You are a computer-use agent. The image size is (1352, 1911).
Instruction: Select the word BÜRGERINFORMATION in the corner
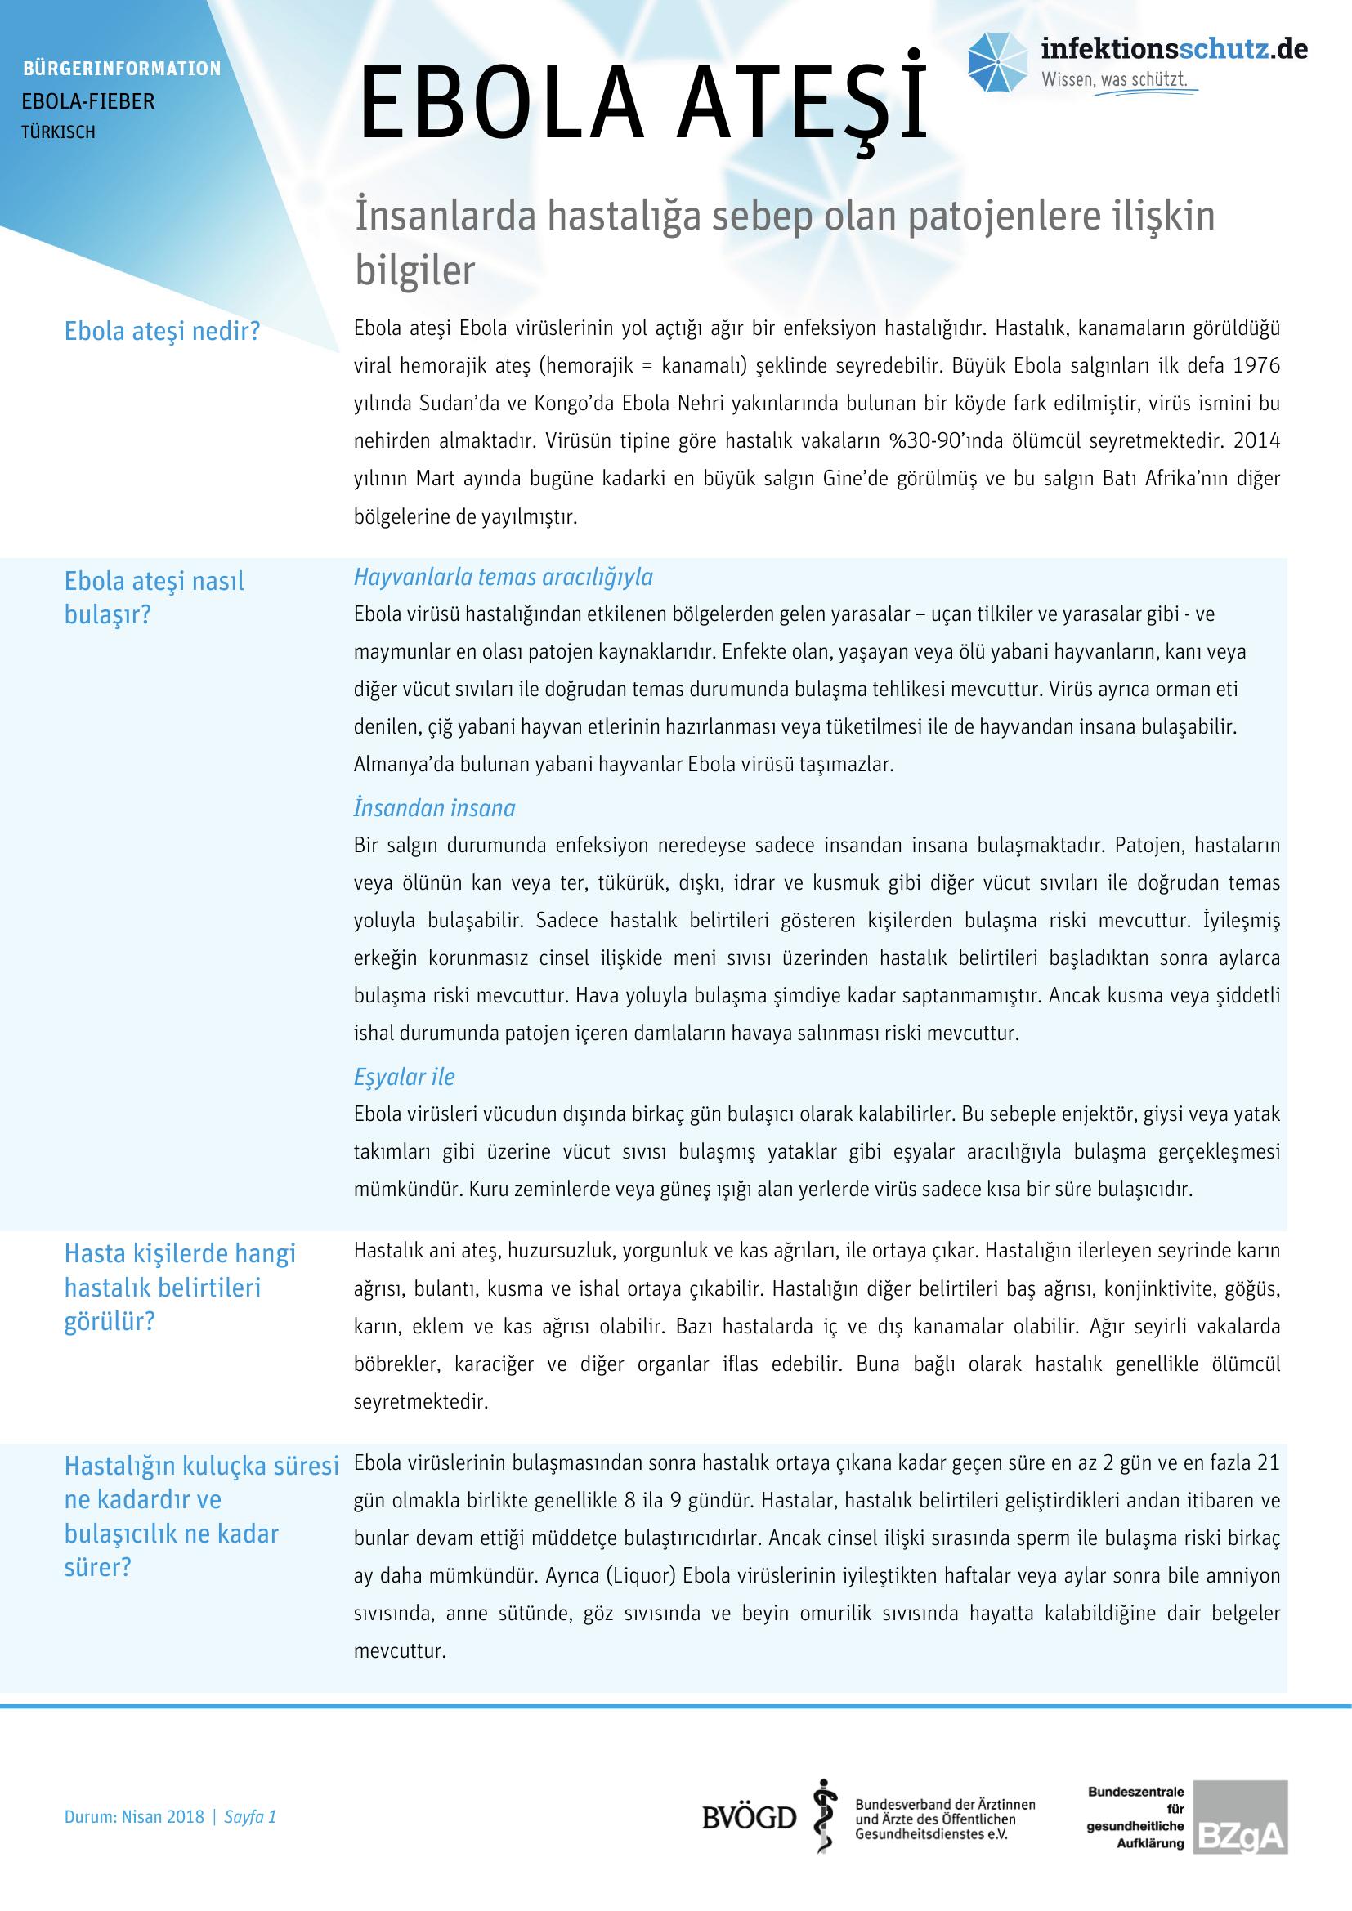click(122, 69)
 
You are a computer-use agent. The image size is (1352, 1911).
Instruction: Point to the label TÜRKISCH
click(58, 132)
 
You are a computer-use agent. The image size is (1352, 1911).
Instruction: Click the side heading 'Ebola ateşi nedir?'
click(163, 331)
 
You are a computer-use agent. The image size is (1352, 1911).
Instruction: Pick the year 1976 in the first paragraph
click(1256, 365)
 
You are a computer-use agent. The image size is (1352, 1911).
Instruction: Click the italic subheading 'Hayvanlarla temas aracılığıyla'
click(503, 577)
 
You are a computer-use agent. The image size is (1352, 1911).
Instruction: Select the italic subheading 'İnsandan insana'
click(434, 808)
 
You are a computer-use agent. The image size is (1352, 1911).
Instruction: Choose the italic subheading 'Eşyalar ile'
click(404, 1077)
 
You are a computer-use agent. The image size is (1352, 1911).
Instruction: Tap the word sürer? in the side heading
click(97, 1568)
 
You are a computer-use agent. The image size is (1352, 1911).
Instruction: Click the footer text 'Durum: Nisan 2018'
click(134, 1816)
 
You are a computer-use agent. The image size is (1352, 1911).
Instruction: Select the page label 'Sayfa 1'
click(250, 1816)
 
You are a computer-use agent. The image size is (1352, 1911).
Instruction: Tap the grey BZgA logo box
click(1241, 1817)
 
